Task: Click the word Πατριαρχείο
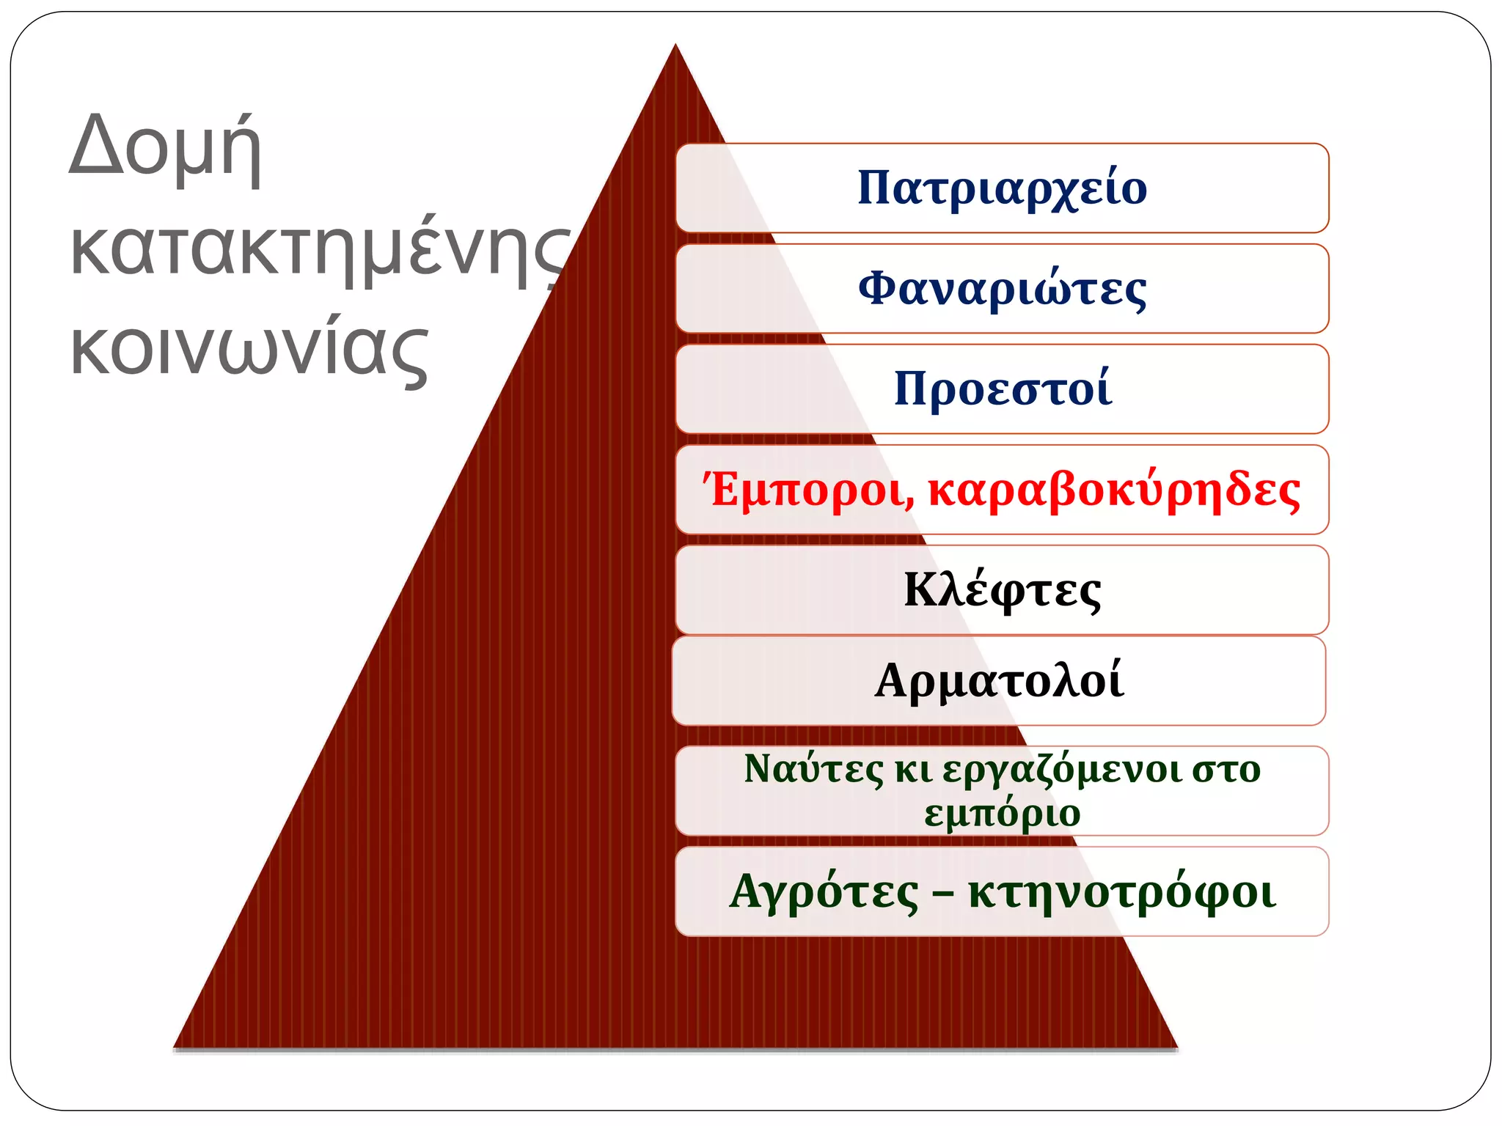1002,188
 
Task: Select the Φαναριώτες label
1002,289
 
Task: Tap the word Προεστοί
1002,389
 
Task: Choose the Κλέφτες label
1002,590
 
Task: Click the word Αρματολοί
999,681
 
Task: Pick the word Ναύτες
813,770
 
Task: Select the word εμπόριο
1002,814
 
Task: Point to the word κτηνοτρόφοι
1121,892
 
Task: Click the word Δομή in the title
165,147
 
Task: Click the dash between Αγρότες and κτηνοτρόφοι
943,894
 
